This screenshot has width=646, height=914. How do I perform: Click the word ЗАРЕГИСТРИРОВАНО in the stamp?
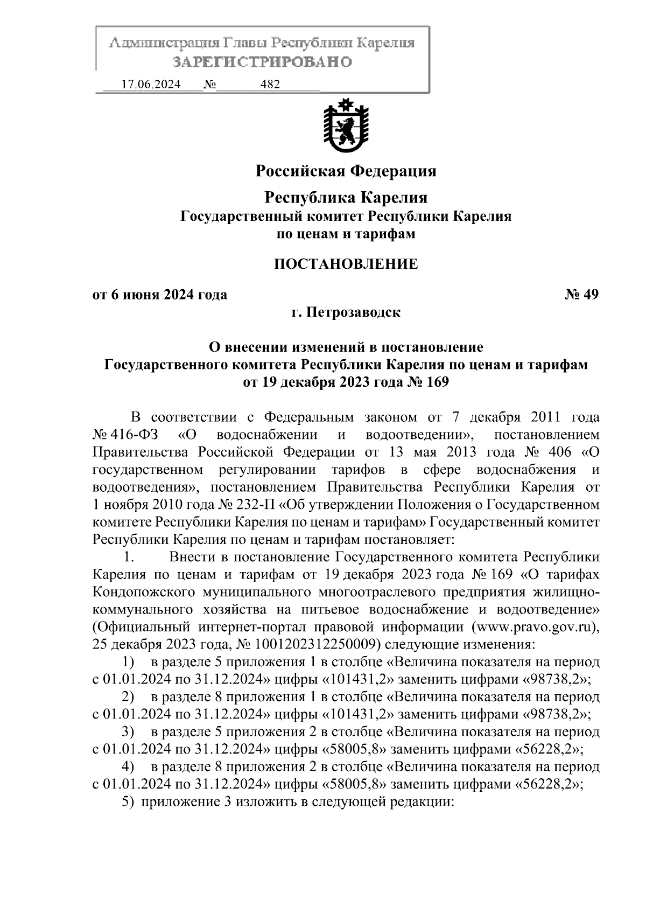[262, 62]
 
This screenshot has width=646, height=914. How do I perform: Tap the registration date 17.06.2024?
[151, 85]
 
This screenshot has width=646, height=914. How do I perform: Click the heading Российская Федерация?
[346, 171]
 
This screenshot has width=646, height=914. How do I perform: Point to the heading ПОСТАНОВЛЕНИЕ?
[346, 264]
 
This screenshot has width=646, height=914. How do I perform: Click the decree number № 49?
[582, 295]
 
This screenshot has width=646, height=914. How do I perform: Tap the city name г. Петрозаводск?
[346, 312]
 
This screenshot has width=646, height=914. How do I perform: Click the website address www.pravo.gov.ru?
[535, 627]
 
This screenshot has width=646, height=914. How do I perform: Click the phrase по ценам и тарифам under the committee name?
[346, 234]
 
